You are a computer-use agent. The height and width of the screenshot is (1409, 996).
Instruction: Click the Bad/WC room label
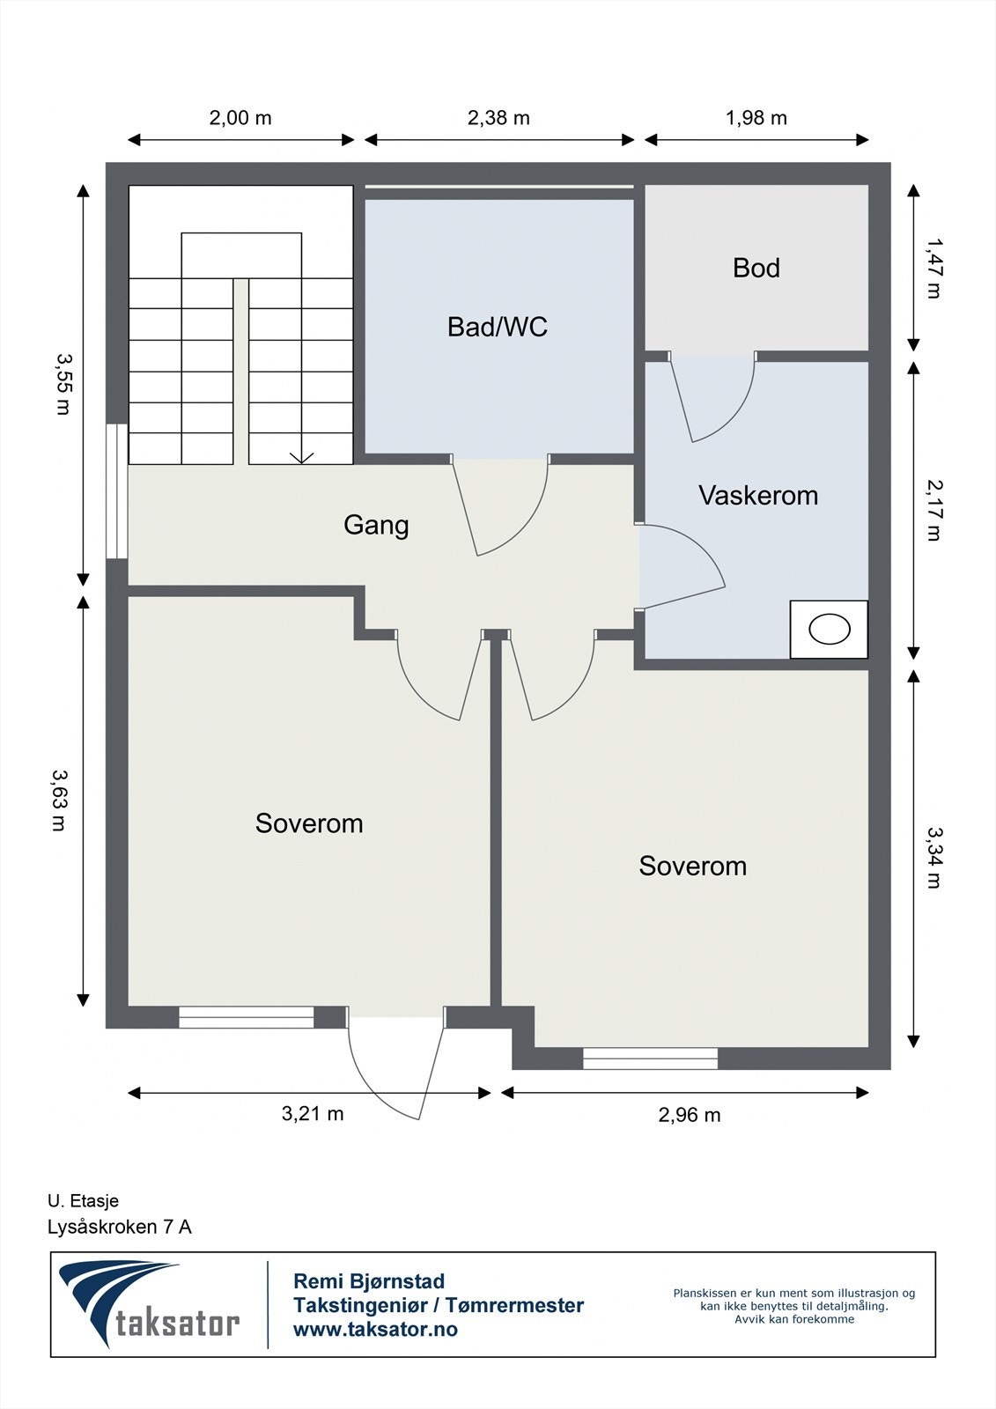click(497, 327)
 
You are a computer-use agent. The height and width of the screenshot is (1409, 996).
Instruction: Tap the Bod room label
click(756, 268)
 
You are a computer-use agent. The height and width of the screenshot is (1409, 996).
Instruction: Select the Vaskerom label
click(758, 496)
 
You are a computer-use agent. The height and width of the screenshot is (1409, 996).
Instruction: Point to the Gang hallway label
click(376, 525)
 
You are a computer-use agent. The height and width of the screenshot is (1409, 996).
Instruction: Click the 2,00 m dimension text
click(240, 118)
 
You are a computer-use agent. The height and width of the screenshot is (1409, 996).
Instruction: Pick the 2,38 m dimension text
click(498, 118)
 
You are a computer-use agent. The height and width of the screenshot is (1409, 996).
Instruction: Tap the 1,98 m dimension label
click(756, 118)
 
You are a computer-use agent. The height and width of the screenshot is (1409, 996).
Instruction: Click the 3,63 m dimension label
click(58, 800)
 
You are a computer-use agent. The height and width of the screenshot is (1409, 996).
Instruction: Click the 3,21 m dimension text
click(312, 1114)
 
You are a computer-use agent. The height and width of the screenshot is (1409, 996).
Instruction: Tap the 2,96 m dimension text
click(689, 1115)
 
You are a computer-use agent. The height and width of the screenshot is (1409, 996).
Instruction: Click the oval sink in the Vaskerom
click(830, 629)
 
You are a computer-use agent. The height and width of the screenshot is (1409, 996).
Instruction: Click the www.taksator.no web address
click(376, 1329)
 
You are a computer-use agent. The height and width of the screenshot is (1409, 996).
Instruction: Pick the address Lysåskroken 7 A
click(120, 1228)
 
